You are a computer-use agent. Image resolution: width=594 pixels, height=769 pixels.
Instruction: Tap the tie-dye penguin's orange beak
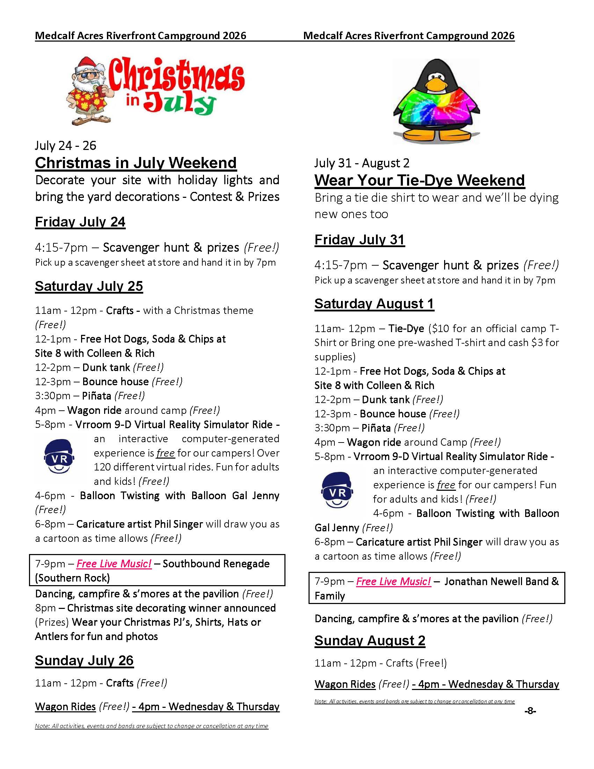436,84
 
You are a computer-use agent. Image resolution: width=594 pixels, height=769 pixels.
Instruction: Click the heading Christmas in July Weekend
136,163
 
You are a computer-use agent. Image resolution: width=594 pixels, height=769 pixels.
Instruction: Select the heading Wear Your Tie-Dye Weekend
419,180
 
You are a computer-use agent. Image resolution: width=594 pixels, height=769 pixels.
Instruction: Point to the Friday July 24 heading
80,222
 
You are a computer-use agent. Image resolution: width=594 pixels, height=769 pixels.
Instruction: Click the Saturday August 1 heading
374,304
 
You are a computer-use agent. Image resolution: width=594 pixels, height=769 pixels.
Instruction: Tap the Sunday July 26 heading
84,661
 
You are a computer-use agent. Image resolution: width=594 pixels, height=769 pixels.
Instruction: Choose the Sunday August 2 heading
370,640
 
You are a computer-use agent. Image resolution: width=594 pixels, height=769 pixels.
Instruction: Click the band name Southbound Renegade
216,564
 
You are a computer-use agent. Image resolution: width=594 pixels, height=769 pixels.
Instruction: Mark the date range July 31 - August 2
362,163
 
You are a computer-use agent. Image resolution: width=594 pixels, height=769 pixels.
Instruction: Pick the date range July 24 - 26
65,146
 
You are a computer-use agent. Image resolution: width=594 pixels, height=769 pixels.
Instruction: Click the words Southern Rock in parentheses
72,578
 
